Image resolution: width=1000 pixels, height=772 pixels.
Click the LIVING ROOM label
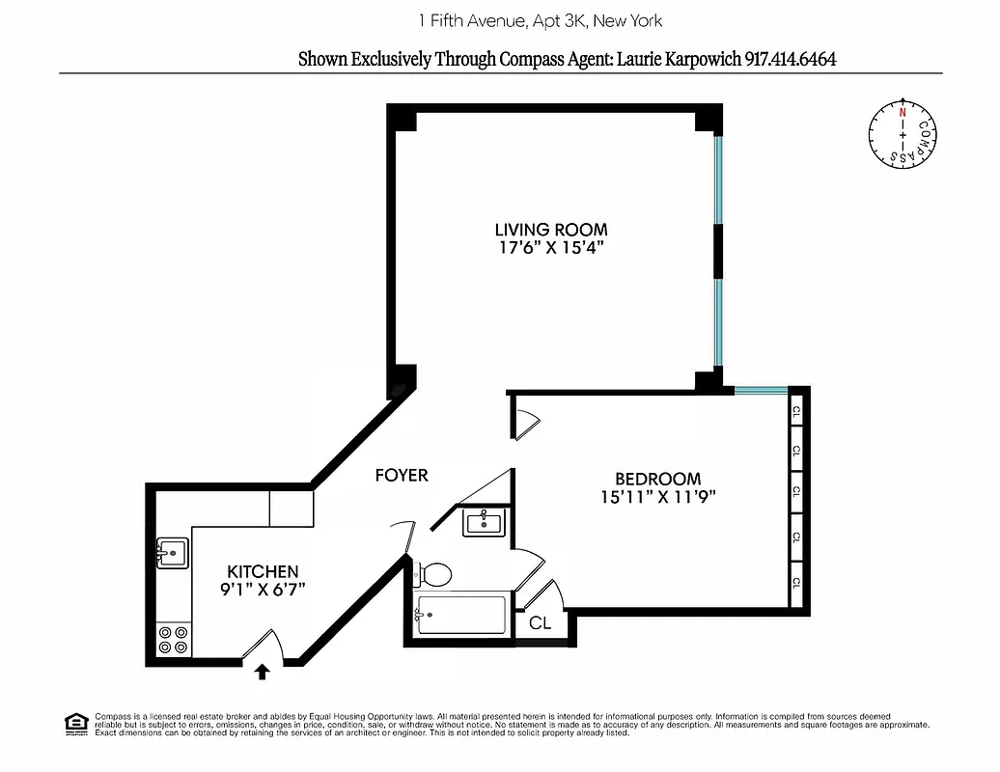[x=551, y=230]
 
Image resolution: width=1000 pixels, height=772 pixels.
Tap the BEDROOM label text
[x=658, y=479]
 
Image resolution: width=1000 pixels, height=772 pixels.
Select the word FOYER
[x=402, y=475]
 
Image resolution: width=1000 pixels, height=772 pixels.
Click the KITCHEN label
[x=263, y=571]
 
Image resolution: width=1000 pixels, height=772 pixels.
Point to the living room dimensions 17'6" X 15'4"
[x=551, y=248]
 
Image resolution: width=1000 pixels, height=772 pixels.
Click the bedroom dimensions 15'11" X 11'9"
[x=657, y=497]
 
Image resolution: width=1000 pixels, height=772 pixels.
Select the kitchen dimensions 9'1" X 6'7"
[x=262, y=590]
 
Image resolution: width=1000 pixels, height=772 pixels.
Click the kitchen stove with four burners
[x=175, y=640]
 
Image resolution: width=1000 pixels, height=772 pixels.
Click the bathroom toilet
[x=433, y=575]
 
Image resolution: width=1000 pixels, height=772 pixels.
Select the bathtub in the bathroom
[x=460, y=616]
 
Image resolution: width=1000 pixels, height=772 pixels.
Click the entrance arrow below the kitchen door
[x=262, y=671]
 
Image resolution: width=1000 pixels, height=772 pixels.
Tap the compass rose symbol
[x=903, y=134]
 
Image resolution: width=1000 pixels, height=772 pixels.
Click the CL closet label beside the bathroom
[x=540, y=623]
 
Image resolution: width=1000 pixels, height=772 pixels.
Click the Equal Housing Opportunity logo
[x=75, y=723]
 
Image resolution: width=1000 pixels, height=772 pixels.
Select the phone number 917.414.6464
[x=790, y=59]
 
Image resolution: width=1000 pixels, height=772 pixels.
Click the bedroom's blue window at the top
[x=761, y=390]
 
